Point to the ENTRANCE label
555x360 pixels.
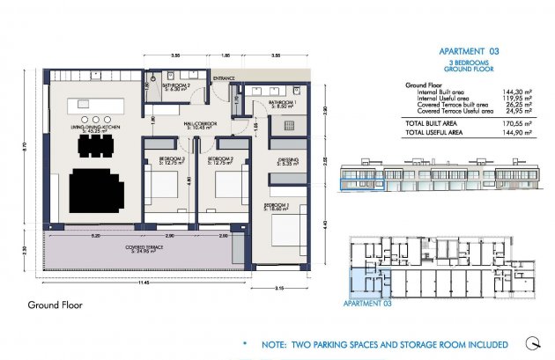pyautogui.click(x=224, y=78)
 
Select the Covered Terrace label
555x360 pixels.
pyautogui.click(x=141, y=247)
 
